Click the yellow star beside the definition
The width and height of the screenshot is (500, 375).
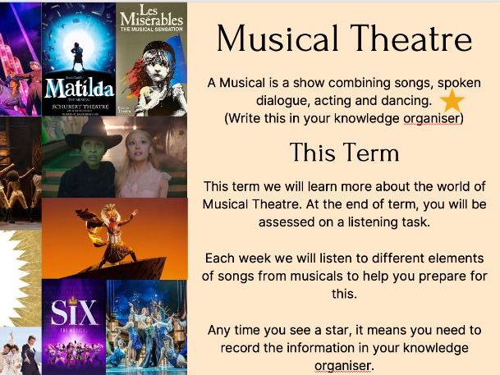[x=452, y=101]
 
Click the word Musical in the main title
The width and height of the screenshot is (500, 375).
[x=278, y=39]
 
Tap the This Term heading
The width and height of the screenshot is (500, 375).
[x=344, y=153]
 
